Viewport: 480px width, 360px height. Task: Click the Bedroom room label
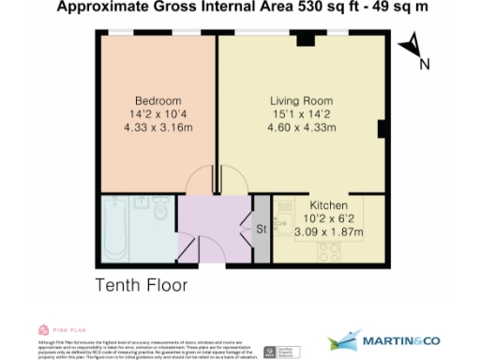[x=157, y=100]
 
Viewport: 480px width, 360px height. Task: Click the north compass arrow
[x=408, y=47]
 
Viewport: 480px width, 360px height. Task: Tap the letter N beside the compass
[x=424, y=64]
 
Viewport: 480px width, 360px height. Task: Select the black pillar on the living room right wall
[x=382, y=129]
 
